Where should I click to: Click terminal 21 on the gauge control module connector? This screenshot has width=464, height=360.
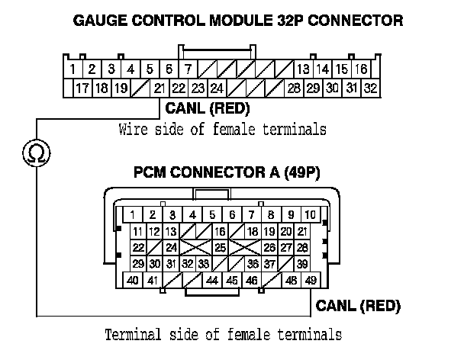[160, 88]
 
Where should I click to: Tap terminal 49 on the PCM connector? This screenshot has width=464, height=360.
[311, 281]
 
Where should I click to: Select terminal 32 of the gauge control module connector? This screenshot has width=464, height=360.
[370, 88]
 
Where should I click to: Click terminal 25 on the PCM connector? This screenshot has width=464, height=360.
[219, 247]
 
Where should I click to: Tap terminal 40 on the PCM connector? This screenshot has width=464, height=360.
[133, 281]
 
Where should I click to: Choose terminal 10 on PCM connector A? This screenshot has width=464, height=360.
[311, 214]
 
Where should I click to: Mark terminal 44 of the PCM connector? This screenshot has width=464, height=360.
[213, 281]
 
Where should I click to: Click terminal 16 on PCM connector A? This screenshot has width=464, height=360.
[219, 231]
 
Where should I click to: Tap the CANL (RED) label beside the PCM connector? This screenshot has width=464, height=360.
[358, 307]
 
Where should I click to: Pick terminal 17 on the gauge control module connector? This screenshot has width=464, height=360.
[82, 88]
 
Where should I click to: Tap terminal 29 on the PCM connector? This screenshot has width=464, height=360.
[138, 264]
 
